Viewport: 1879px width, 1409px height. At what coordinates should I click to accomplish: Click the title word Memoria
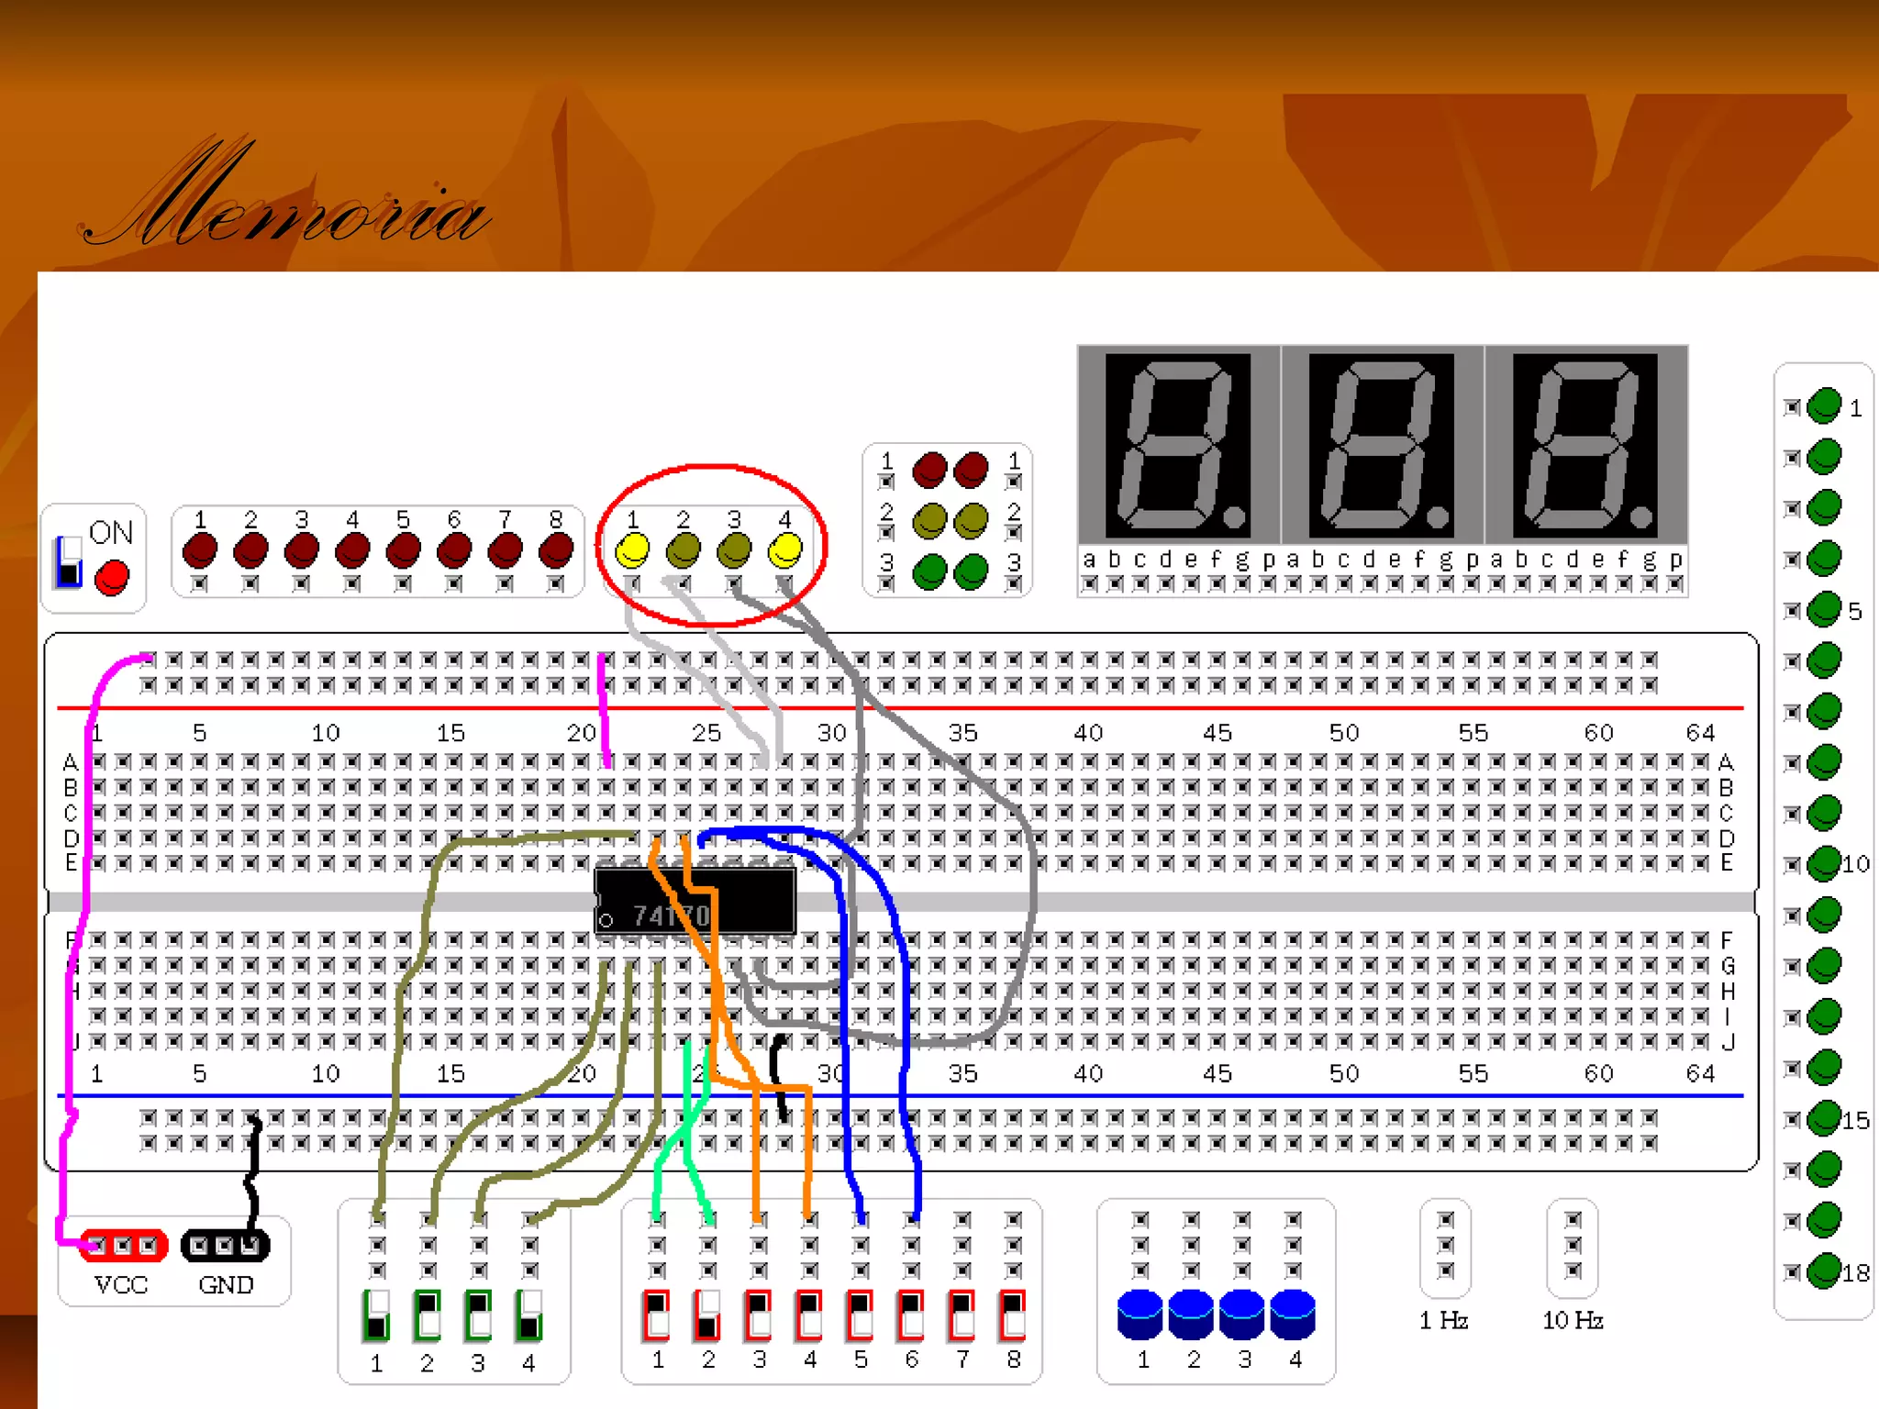tap(284, 202)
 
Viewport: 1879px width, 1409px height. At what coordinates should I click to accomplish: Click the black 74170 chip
tap(695, 902)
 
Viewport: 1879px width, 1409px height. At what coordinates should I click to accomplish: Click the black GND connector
tap(225, 1246)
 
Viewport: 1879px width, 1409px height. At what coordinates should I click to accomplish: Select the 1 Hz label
tap(1444, 1320)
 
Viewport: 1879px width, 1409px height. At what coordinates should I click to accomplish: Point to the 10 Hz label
tap(1573, 1320)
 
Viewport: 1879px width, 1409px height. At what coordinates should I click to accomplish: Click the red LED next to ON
tap(113, 578)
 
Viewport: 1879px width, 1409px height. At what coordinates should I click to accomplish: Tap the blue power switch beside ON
tap(69, 561)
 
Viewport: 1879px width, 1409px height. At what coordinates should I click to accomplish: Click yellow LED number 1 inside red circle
tap(632, 550)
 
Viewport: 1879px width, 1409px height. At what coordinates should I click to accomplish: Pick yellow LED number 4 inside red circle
tap(785, 550)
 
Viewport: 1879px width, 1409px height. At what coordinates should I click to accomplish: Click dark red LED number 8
tap(556, 550)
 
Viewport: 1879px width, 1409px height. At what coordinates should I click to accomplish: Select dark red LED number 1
tap(200, 550)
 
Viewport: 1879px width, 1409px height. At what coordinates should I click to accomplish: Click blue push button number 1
tap(1140, 1314)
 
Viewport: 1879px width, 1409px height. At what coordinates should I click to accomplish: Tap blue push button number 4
tap(1293, 1314)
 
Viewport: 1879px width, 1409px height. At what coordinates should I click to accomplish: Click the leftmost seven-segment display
tap(1178, 446)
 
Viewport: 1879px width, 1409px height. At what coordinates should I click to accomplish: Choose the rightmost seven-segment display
tap(1585, 446)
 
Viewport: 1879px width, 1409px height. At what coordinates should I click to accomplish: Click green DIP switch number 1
tap(376, 1315)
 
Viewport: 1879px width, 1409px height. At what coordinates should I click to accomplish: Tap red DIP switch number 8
tap(1013, 1315)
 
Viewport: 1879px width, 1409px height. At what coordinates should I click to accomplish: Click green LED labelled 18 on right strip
tap(1824, 1271)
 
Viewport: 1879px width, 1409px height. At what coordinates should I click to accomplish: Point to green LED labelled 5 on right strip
tap(1824, 609)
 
